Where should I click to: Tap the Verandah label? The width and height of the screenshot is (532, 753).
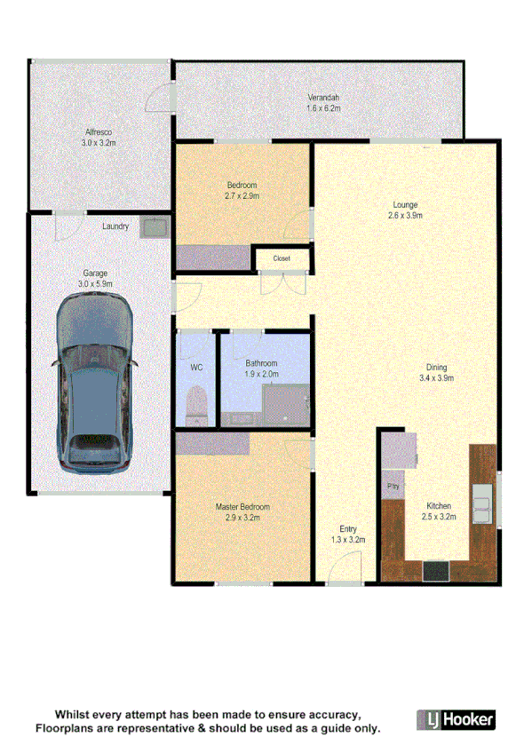[x=323, y=98]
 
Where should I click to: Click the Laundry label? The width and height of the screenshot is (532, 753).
[x=115, y=226]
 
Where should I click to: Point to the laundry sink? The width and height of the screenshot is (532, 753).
[x=155, y=227]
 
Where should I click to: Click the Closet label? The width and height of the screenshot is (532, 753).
[x=282, y=258]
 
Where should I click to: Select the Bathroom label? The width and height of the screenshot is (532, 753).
[x=261, y=363]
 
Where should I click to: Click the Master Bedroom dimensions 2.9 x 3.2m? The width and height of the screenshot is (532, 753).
[x=242, y=517]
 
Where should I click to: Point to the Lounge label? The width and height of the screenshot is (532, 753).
[x=406, y=205]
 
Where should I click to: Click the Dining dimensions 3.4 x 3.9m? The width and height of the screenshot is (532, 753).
[x=435, y=378]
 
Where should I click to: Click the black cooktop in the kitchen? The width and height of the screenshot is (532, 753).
[x=436, y=572]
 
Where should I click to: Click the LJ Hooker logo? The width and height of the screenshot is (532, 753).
[x=456, y=718]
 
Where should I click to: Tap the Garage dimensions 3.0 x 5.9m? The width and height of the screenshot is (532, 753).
[x=95, y=283]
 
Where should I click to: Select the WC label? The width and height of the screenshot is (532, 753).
[x=196, y=367]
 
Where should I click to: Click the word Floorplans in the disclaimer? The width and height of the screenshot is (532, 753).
[x=66, y=728]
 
